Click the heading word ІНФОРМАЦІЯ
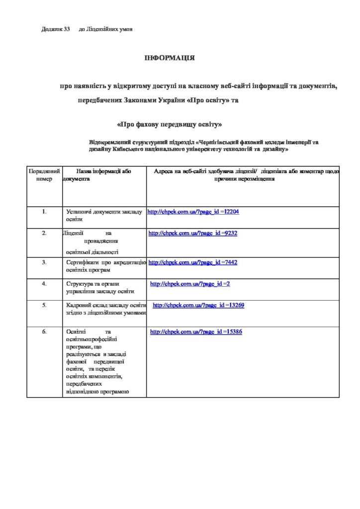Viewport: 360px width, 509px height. [x=170, y=58]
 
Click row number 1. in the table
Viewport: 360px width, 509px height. [x=44, y=212]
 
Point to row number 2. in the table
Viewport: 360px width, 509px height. [x=44, y=233]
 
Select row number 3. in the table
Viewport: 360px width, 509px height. [x=44, y=262]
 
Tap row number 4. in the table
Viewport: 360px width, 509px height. [x=44, y=284]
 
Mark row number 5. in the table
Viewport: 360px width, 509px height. [x=44, y=305]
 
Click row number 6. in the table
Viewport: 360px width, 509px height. [x=44, y=332]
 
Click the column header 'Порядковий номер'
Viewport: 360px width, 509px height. [x=44, y=174]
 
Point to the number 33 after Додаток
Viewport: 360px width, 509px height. [x=67, y=29]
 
